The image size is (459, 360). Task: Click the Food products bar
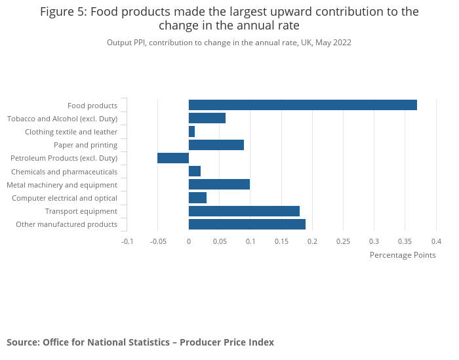(303, 105)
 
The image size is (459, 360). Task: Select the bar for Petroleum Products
(173, 158)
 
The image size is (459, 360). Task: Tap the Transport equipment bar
(244, 211)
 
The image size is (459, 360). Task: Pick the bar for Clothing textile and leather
(191, 132)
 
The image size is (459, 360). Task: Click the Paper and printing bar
(216, 145)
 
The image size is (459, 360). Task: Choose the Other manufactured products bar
(247, 224)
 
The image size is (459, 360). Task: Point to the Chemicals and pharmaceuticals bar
(195, 171)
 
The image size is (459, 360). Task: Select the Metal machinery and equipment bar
(219, 184)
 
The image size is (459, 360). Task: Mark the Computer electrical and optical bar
(197, 198)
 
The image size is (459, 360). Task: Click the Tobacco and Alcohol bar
(207, 118)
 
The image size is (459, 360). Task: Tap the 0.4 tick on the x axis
(436, 241)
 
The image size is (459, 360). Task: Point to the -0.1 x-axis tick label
(127, 241)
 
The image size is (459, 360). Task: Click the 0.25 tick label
(343, 241)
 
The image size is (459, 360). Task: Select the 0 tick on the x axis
(189, 241)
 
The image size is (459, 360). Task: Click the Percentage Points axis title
(403, 255)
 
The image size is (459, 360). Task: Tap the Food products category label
(92, 106)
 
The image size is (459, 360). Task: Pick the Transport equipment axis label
(81, 211)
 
